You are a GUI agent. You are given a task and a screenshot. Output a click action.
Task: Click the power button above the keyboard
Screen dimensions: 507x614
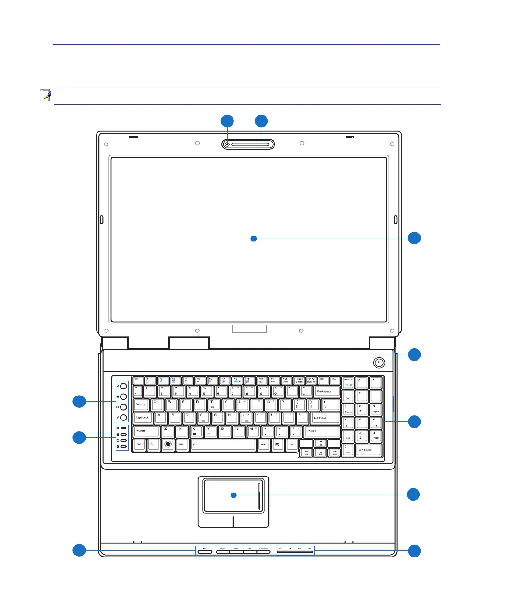(x=379, y=363)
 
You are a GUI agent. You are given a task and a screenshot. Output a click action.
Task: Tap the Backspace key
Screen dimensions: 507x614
(x=327, y=391)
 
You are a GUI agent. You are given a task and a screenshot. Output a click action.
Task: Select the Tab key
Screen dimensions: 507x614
(x=141, y=404)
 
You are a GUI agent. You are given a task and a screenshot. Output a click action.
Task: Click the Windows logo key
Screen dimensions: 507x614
(x=168, y=444)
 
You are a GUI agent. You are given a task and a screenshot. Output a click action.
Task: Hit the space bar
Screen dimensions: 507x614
(x=223, y=444)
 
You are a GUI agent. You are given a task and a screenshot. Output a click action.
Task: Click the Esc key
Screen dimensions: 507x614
(x=138, y=380)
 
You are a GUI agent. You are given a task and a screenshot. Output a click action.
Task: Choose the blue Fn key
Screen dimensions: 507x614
(x=153, y=444)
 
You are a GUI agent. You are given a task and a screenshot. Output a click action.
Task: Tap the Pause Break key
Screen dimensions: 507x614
(x=299, y=380)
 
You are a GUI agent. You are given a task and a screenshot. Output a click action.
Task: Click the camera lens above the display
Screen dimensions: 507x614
(x=227, y=145)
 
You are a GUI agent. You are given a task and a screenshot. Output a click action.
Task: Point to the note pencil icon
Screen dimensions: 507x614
(x=46, y=95)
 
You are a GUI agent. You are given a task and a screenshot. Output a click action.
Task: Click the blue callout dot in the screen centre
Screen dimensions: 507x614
(x=254, y=239)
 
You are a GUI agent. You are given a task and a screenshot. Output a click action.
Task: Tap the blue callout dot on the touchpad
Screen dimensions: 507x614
(x=233, y=495)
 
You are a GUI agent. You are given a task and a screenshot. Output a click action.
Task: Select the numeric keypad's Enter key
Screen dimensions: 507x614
(x=368, y=451)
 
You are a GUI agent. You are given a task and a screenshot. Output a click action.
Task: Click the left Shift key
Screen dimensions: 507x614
(x=145, y=431)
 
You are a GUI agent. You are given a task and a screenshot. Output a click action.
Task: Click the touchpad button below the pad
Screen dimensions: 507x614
(x=233, y=521)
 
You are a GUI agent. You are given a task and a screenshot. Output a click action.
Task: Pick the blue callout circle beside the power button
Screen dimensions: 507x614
(x=414, y=355)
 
